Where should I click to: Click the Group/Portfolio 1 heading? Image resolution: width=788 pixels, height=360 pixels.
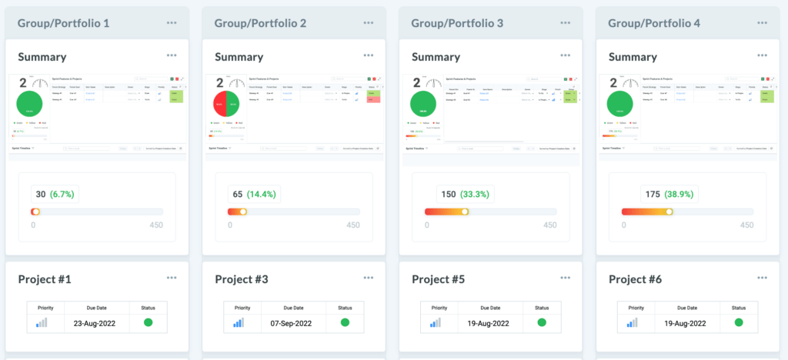63,23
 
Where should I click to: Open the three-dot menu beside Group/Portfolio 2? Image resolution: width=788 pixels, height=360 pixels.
369,23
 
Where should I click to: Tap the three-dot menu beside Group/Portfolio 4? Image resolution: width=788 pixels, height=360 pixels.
763,23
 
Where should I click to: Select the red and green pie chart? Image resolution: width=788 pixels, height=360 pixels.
229,105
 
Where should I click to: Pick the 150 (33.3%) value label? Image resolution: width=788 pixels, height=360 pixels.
452,195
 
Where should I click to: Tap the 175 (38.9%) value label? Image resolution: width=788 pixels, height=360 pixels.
649,195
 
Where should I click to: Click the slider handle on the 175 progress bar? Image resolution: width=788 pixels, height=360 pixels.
669,212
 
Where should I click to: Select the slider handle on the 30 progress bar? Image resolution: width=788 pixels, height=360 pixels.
35,212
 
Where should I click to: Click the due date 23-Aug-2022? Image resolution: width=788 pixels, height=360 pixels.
95,323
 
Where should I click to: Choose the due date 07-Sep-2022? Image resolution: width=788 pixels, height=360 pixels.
292,323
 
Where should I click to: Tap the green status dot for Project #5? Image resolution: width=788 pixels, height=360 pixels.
542,323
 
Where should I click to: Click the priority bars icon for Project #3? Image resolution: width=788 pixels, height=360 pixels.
239,323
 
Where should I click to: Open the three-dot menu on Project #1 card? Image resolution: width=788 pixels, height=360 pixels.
172,278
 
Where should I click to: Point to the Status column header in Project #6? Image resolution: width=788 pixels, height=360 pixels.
739,307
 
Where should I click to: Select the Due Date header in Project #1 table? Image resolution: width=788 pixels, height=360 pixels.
95,307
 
